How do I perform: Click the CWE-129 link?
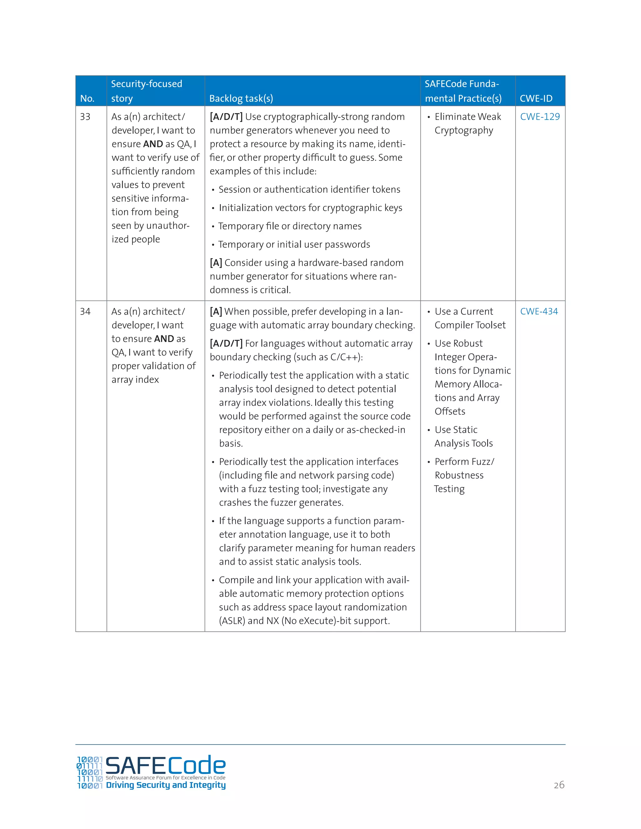pyautogui.click(x=540, y=117)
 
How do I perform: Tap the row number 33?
pyautogui.click(x=85, y=117)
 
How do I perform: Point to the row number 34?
pyautogui.click(x=85, y=311)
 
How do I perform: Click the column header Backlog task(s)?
pyautogui.click(x=241, y=98)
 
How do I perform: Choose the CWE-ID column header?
pyautogui.click(x=536, y=98)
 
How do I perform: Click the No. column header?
pyautogui.click(x=87, y=98)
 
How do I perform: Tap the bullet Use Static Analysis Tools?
pyautogui.click(x=463, y=436)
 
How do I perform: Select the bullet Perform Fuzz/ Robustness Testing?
pyautogui.click(x=464, y=475)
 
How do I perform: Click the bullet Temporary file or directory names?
pyautogui.click(x=290, y=226)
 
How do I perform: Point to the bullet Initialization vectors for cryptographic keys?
pyautogui.click(x=310, y=208)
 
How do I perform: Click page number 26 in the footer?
pyautogui.click(x=559, y=785)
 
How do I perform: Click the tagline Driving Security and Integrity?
pyautogui.click(x=166, y=785)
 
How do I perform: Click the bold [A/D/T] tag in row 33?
pyautogui.click(x=226, y=117)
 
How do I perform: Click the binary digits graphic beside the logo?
pyautogui.click(x=90, y=772)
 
